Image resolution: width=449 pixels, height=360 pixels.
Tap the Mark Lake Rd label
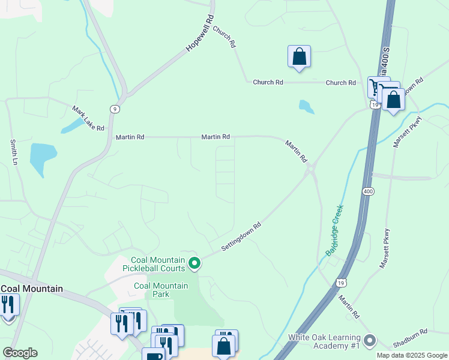pyautogui.click(x=88, y=119)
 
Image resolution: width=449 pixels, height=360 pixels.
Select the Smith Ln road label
pyautogui.click(x=14, y=152)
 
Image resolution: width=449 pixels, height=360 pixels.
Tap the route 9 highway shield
pyautogui.click(x=113, y=109)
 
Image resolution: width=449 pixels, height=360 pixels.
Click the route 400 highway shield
pyautogui.click(x=366, y=191)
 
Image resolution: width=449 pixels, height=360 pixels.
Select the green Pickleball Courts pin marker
pyautogui.click(x=194, y=263)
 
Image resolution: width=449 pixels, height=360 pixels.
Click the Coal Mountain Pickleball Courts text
pyautogui.click(x=155, y=263)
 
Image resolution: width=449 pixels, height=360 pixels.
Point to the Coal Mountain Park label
pyautogui.click(x=160, y=290)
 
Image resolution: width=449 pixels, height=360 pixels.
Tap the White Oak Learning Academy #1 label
pyautogui.click(x=325, y=341)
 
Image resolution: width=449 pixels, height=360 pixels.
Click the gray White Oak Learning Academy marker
pyautogui.click(x=369, y=341)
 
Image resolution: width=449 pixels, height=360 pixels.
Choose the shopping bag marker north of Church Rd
pyautogui.click(x=299, y=57)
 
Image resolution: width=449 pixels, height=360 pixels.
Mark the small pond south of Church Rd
pyautogui.click(x=306, y=107)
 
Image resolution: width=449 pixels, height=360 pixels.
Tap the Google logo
pyautogui.click(x=20, y=353)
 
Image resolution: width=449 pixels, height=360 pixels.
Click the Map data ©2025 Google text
pyautogui.click(x=411, y=355)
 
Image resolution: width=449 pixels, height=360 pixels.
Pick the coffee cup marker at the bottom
pyautogui.click(x=153, y=356)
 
